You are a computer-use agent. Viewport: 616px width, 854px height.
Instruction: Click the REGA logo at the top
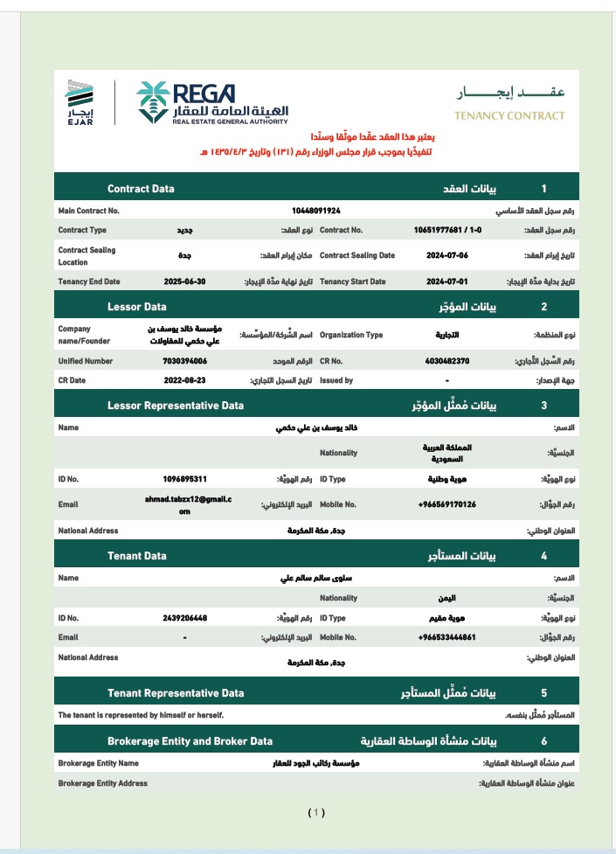pos(212,102)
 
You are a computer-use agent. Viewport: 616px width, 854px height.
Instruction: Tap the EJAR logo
pos(79,102)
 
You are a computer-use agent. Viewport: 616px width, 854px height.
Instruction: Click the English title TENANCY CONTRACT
pos(509,115)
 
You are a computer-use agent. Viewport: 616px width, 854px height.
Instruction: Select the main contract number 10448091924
pos(315,211)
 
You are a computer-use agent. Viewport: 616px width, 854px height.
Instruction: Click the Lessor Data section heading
pos(136,307)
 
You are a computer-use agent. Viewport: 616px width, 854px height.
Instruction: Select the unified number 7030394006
pos(184,360)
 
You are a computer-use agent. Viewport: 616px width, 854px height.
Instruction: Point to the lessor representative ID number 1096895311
pos(184,479)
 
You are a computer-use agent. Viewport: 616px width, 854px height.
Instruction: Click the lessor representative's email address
pos(184,504)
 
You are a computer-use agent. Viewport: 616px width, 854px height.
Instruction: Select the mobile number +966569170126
pos(446,504)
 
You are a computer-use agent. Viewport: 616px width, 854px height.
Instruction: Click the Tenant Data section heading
pos(136,555)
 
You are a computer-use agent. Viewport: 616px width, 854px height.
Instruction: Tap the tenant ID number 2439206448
pos(184,618)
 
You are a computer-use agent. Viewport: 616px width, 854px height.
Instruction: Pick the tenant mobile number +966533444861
pos(446,637)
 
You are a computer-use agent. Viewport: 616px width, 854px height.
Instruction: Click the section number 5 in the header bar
pos(543,693)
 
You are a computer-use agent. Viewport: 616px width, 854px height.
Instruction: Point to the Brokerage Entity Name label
pos(98,763)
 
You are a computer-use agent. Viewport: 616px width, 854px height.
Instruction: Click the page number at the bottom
pos(316,812)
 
